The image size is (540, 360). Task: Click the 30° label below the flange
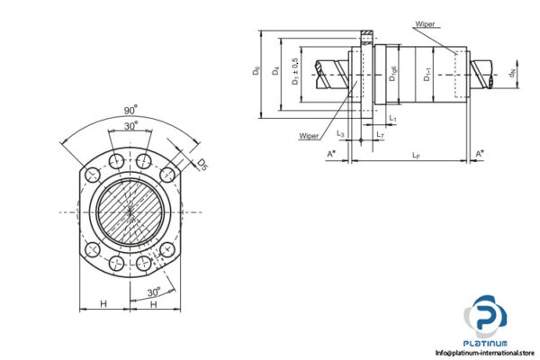pyautogui.click(x=155, y=292)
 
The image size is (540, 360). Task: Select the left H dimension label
pyautogui.click(x=104, y=304)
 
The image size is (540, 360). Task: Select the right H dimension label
pyautogui.click(x=155, y=304)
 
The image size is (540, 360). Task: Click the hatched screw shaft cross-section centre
pyautogui.click(x=130, y=211)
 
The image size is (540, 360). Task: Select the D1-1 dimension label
pyautogui.click(x=427, y=78)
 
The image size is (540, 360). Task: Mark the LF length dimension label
pyautogui.click(x=413, y=156)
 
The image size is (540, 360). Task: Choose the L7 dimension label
pyautogui.click(x=381, y=135)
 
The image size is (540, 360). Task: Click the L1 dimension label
pyautogui.click(x=392, y=118)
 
